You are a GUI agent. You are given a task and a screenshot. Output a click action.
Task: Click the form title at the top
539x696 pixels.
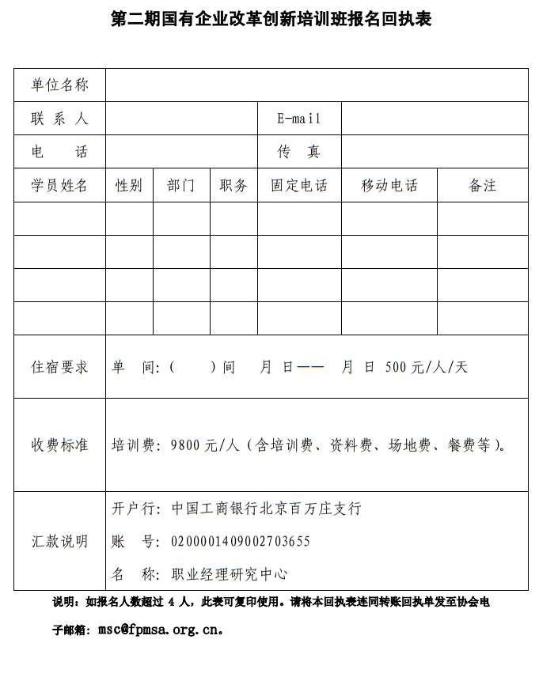point(271,19)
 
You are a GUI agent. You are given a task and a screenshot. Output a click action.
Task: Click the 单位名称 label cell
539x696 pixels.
point(59,85)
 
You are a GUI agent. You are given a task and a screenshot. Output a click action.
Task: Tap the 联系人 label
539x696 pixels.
point(59,119)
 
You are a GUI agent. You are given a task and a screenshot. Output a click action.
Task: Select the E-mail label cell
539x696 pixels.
point(299,119)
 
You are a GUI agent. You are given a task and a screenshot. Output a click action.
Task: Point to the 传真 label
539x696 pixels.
point(299,152)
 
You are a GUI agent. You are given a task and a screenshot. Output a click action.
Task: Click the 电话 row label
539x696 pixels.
point(59,152)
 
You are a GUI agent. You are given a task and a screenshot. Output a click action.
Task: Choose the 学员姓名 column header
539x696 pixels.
point(59,185)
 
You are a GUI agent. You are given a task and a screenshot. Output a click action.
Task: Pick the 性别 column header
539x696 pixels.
point(129,185)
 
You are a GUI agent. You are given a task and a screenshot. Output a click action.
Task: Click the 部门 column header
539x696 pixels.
point(181,185)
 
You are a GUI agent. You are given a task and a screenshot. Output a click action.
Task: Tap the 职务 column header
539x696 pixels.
point(233,185)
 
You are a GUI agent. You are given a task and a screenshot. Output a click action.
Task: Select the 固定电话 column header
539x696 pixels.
point(299,185)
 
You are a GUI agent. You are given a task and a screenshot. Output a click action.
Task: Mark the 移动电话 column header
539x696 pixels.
point(389,185)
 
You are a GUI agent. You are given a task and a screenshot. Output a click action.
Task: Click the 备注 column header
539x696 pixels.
point(483,185)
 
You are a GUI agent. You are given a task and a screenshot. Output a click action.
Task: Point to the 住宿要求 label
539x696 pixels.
point(59,367)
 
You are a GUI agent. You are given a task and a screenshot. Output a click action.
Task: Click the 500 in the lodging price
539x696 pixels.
point(396,367)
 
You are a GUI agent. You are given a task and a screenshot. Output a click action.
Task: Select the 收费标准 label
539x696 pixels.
point(59,445)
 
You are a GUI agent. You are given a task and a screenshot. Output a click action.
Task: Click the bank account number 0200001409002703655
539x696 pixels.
point(241,542)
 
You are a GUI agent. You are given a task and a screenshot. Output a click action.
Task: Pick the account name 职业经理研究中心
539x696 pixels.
point(230,574)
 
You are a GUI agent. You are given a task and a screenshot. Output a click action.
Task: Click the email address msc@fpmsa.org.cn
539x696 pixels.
point(158,630)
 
